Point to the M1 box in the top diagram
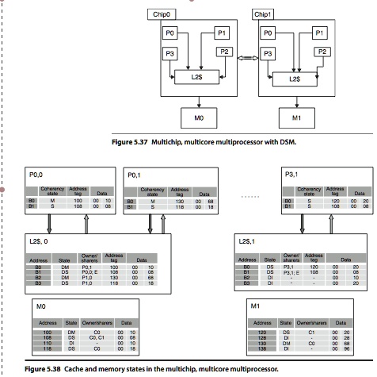(x=294, y=119)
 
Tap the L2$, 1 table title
(x=249, y=239)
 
